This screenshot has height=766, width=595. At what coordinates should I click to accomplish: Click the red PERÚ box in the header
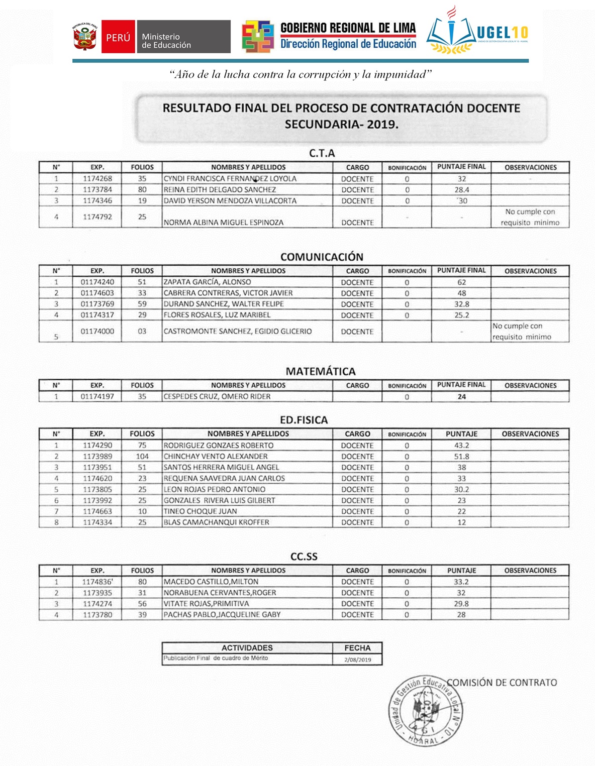coord(118,37)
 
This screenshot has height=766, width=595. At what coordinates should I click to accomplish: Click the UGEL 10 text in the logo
coord(502,33)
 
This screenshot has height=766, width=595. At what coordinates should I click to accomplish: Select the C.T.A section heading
coord(322,153)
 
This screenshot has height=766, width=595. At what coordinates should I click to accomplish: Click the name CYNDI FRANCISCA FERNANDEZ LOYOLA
coord(230,179)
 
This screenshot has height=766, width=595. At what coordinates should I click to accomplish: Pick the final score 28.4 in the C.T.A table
coord(461,190)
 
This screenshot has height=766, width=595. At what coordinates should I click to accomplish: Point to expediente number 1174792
coord(97,217)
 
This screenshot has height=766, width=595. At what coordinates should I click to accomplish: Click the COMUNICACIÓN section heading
coord(322,257)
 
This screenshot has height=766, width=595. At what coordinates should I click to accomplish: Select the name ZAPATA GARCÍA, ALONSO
coord(207,282)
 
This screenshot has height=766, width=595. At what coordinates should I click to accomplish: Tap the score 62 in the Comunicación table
coord(461,282)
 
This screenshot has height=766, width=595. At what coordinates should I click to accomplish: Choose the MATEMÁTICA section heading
coord(321,371)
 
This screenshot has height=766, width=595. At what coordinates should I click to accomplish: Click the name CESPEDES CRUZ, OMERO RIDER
coord(217,397)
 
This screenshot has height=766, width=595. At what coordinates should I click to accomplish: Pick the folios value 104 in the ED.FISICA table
coord(142,457)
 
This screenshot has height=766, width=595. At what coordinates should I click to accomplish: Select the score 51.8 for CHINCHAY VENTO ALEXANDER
coord(461,457)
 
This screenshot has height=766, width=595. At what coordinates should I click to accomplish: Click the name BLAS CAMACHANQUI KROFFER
coord(216,522)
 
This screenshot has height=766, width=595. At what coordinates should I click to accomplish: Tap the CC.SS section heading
coord(304,557)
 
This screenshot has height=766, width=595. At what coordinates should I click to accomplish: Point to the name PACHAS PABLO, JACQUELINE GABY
coord(222,615)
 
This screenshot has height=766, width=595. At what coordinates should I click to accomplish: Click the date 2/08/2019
coord(357,660)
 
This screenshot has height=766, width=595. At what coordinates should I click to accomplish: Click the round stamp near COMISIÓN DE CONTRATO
coord(426,710)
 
